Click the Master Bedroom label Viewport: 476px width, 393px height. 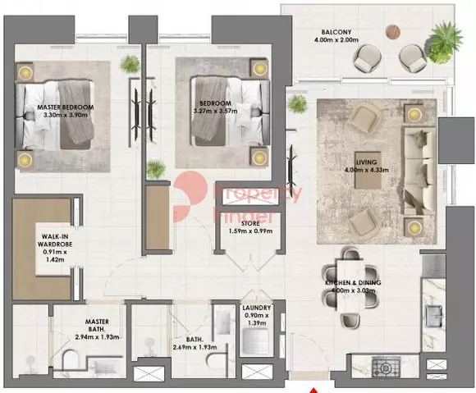[x=66, y=107]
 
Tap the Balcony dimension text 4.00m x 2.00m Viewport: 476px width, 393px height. [x=336, y=39]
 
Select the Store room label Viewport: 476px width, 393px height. [x=250, y=223]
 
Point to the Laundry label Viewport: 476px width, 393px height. [x=257, y=308]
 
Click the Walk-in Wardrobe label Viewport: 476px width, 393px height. [x=55, y=240]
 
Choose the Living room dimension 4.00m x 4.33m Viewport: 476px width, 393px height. [x=366, y=170]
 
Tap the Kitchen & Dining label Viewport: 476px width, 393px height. [x=353, y=282]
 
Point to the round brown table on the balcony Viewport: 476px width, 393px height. [x=393, y=31]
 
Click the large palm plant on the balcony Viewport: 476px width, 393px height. [x=444, y=43]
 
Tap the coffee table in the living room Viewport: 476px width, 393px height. [x=368, y=170]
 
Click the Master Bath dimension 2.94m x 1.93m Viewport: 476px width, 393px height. [x=97, y=337]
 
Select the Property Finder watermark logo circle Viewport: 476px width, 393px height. [x=190, y=197]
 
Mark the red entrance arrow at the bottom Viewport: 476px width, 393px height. [x=315, y=391]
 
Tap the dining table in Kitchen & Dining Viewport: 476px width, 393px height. [x=351, y=286]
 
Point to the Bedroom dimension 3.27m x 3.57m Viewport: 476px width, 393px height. [x=215, y=111]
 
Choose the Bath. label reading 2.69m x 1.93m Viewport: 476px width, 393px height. [x=195, y=343]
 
